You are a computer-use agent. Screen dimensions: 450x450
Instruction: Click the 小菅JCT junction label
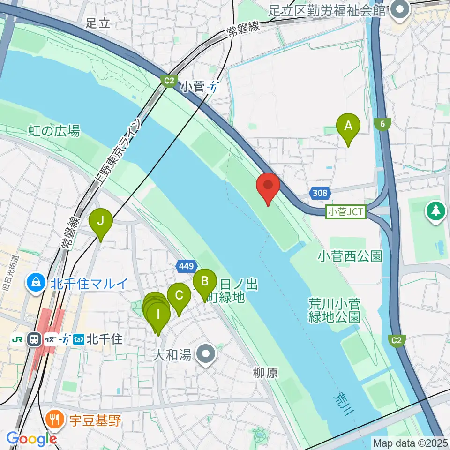pyautogui.click(x=346, y=212)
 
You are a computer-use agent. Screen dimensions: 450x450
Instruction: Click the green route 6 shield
pyautogui.click(x=383, y=124)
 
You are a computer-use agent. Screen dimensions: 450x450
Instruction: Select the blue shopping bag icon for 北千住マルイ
pyautogui.click(x=36, y=283)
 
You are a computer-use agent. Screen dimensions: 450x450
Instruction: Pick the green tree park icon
pyautogui.click(x=436, y=210)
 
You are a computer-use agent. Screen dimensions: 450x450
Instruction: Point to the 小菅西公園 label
pyautogui.click(x=350, y=256)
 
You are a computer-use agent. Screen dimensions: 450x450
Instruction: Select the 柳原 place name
pyautogui.click(x=266, y=373)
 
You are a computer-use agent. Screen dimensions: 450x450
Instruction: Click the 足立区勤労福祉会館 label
pyautogui.click(x=327, y=10)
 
